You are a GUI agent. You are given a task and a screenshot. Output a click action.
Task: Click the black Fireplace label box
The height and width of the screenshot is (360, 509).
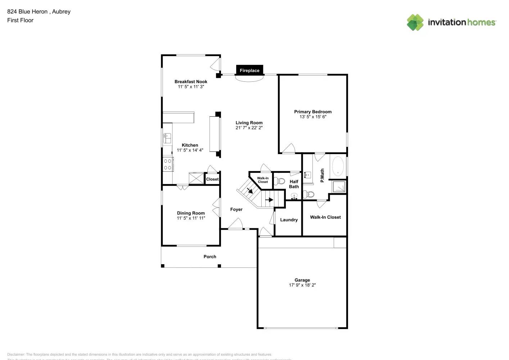click(249, 70)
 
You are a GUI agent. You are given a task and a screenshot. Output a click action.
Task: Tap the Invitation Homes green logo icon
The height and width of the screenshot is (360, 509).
click(415, 22)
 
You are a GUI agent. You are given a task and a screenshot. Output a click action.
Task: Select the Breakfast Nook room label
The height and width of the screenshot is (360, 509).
click(191, 82)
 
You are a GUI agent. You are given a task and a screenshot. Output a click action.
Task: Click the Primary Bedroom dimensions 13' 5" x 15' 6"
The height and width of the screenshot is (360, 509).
click(313, 117)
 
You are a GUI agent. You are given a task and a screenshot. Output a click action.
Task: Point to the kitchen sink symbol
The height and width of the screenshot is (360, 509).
click(167, 138)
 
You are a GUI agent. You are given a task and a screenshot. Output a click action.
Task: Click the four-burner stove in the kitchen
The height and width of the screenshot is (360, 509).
click(168, 164)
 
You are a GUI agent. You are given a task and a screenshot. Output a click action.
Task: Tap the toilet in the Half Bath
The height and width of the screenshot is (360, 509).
click(279, 181)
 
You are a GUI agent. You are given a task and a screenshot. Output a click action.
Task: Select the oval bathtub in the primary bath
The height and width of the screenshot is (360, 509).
click(338, 166)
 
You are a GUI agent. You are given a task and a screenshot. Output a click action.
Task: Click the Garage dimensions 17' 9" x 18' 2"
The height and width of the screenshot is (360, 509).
click(302, 285)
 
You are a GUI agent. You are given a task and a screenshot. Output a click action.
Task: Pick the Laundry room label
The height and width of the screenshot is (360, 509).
click(289, 220)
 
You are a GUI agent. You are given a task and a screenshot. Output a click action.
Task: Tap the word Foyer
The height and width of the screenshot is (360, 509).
click(236, 210)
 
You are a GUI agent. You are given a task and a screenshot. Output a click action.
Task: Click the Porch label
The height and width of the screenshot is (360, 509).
click(210, 257)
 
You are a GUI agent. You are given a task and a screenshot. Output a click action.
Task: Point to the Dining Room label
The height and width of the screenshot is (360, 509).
click(191, 213)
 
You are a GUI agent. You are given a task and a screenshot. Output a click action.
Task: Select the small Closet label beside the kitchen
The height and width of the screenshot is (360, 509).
click(212, 179)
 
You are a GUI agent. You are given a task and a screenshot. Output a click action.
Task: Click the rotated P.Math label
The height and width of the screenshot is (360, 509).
click(322, 175)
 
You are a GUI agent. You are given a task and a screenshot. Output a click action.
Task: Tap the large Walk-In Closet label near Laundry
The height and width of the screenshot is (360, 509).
click(325, 217)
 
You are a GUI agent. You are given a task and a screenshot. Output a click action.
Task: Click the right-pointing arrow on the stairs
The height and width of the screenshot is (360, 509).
click(269, 199)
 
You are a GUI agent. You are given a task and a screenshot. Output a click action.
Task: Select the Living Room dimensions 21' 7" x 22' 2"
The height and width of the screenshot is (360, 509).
click(249, 128)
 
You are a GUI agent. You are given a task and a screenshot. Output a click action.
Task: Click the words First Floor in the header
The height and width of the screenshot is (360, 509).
click(20, 20)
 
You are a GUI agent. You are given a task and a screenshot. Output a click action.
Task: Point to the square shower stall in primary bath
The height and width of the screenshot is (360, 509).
click(338, 186)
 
